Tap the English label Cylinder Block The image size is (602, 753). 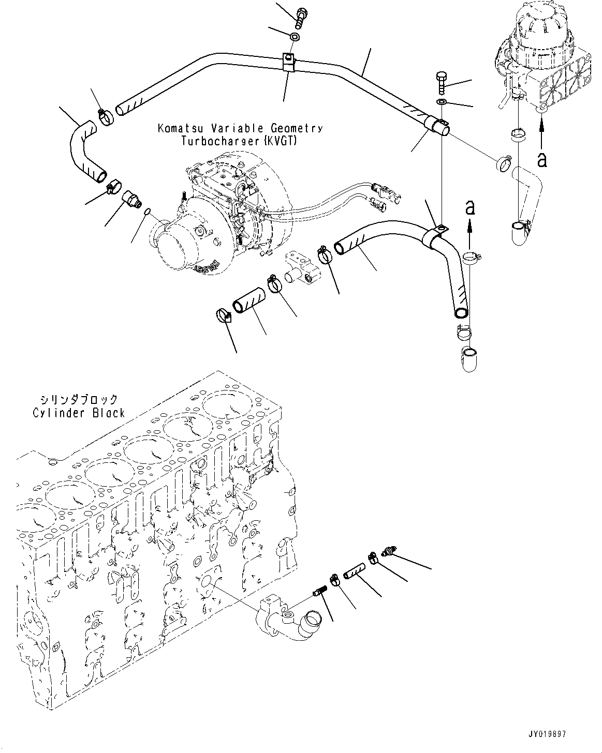[x=79, y=413]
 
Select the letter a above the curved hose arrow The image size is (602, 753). [x=469, y=207]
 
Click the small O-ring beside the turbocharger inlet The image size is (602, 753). [x=148, y=210]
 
